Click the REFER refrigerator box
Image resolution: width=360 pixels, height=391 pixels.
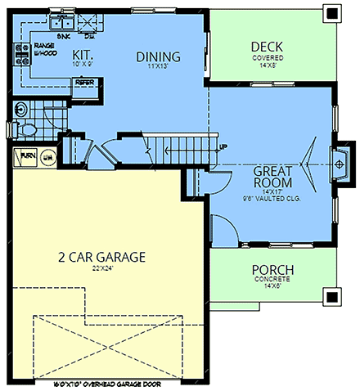tap(85, 82)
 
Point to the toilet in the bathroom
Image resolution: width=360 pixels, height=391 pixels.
tap(28, 128)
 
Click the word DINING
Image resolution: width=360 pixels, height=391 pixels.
tap(158, 56)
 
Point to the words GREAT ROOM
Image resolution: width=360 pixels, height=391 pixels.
tap(273, 178)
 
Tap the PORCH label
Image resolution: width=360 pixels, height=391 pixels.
tap(272, 270)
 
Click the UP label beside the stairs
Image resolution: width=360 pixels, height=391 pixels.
tap(223, 146)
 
